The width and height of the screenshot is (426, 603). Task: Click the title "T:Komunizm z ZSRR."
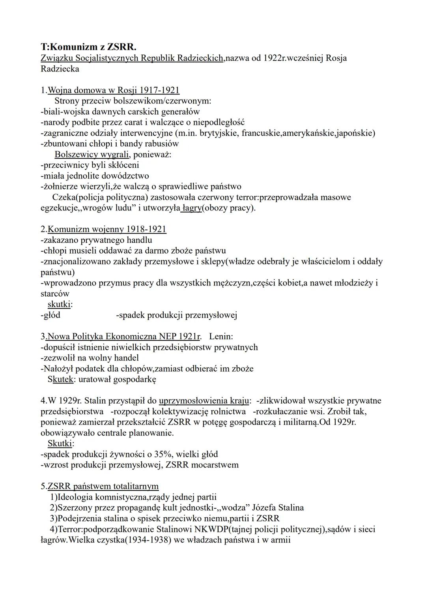click(88, 47)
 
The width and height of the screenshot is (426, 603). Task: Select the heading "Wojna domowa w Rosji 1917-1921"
click(114, 90)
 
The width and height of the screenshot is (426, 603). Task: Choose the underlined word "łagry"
click(191, 208)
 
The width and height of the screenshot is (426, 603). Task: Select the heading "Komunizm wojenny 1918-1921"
click(107, 229)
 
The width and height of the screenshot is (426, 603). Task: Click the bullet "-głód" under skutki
click(50, 315)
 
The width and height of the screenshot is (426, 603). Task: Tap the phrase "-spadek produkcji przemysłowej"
click(176, 315)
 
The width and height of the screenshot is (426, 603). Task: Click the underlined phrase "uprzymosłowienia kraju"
click(204, 401)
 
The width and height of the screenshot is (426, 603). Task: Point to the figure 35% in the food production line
click(163, 454)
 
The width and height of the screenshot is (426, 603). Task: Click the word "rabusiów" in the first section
click(161, 143)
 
